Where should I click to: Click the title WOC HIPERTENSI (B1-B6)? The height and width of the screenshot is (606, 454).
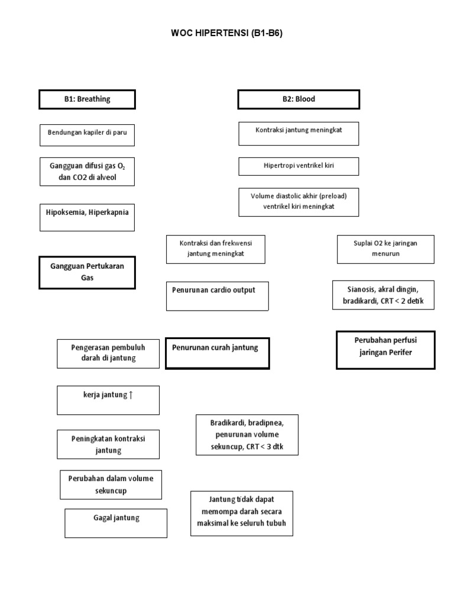pyautogui.click(x=227, y=33)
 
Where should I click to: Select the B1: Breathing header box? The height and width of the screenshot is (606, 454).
pyautogui.click(x=87, y=99)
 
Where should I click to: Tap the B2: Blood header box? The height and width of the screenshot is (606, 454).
pyautogui.click(x=299, y=99)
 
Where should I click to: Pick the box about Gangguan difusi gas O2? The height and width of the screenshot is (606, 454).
pyautogui.click(x=87, y=172)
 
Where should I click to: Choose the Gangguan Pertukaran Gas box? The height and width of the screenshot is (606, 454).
pyautogui.click(x=87, y=272)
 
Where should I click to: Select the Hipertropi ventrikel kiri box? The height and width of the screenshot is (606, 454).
pyautogui.click(x=299, y=166)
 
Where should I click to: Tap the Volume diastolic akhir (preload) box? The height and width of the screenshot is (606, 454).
pyautogui.click(x=299, y=202)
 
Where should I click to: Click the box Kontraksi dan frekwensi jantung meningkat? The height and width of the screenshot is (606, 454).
pyautogui.click(x=215, y=249)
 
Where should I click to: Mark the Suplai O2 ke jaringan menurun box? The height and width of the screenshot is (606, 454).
pyautogui.click(x=385, y=249)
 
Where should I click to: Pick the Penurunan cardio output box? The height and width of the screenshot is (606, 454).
pyautogui.click(x=218, y=296)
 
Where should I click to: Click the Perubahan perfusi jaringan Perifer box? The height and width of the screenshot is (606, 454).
pyautogui.click(x=385, y=350)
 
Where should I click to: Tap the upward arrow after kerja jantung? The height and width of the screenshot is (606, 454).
pyautogui.click(x=131, y=395)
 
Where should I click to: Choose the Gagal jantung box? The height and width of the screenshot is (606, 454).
pyautogui.click(x=116, y=523)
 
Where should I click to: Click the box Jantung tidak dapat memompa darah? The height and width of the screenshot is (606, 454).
pyautogui.click(x=242, y=513)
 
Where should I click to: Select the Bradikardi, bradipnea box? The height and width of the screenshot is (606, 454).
pyautogui.click(x=247, y=435)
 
